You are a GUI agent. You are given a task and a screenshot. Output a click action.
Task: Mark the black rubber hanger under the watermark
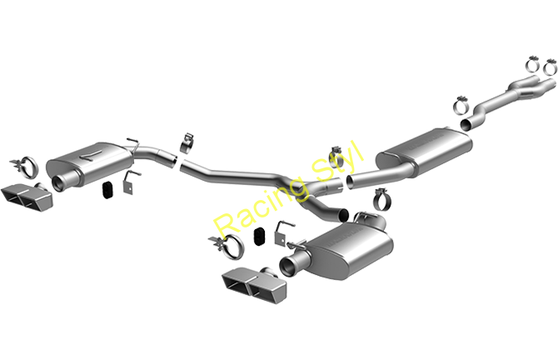tap(260, 235)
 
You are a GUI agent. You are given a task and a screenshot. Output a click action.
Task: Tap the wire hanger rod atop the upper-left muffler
tap(130, 142)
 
